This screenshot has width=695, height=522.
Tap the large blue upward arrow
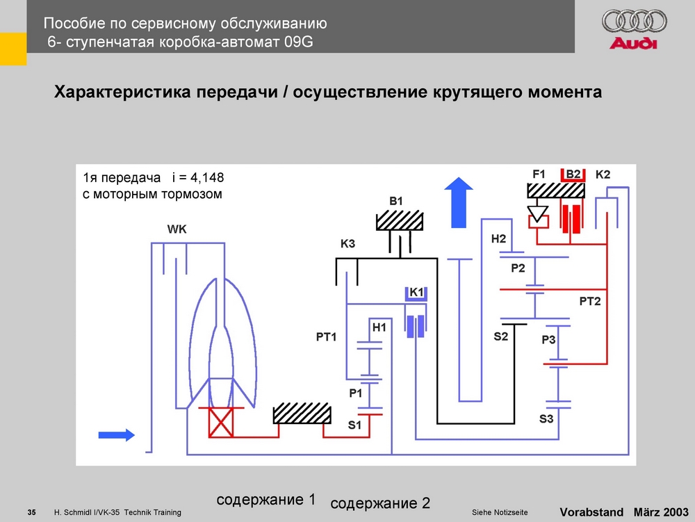(x=459, y=202)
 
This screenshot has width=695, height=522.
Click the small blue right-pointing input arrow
(x=115, y=435)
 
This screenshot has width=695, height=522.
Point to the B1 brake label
(x=395, y=201)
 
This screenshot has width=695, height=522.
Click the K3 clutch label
(x=347, y=245)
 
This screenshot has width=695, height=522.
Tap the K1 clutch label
(x=416, y=293)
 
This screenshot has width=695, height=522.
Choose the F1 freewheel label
(x=540, y=173)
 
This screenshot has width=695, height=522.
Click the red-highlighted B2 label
(x=573, y=173)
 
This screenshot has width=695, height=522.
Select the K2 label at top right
(x=603, y=174)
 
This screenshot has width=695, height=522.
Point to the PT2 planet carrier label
(x=589, y=300)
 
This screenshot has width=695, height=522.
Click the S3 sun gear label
(x=546, y=418)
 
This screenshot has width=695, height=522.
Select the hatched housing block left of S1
(x=301, y=413)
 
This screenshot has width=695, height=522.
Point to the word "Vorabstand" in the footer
(x=591, y=512)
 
